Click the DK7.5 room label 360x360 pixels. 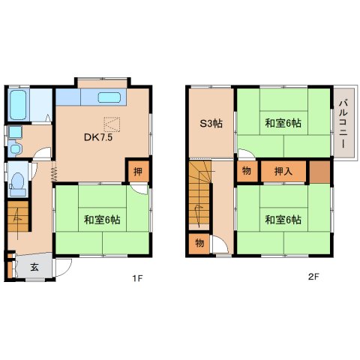pyautogui.click(x=98, y=137)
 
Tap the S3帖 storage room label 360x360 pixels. pyautogui.click(x=211, y=124)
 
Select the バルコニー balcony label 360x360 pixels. pyautogui.click(x=344, y=124)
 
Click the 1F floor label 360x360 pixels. pyautogui.click(x=137, y=277)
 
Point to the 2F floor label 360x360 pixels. pyautogui.click(x=313, y=277)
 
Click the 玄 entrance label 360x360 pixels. pyautogui.click(x=34, y=268)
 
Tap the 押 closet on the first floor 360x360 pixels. pyautogui.click(x=138, y=172)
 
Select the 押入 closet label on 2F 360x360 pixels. pyautogui.click(x=283, y=172)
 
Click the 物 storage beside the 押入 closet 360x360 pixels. pyautogui.click(x=247, y=171)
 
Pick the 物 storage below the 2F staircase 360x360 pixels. pyautogui.click(x=199, y=243)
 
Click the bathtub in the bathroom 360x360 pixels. pyautogui.click(x=19, y=105)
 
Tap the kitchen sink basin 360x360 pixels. pyautogui.click(x=109, y=97)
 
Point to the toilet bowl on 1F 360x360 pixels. pyautogui.click(x=17, y=181)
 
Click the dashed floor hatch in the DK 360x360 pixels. pyautogui.click(x=112, y=124)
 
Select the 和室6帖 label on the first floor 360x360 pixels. pyautogui.click(x=102, y=220)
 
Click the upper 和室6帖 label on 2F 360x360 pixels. pyautogui.click(x=283, y=123)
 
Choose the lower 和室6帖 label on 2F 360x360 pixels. pyautogui.click(x=283, y=220)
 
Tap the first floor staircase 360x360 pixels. pyautogui.click(x=18, y=216)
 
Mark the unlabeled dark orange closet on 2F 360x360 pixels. pyautogui.click(x=319, y=172)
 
